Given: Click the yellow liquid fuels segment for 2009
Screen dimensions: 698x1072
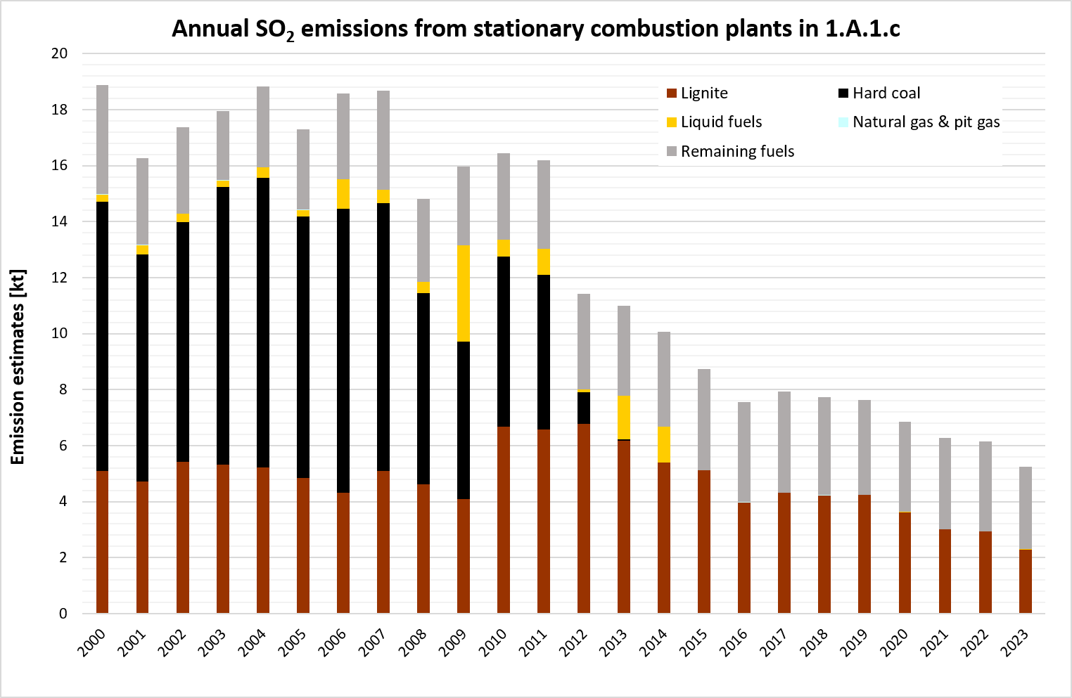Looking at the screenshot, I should click(x=464, y=294).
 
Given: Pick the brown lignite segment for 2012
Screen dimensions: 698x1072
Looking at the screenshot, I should click(x=584, y=518).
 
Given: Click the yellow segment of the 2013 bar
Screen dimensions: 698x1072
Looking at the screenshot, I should click(x=624, y=418).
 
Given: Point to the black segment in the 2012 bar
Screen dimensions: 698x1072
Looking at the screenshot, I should click(x=584, y=408).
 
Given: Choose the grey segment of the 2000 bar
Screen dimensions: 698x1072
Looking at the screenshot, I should click(x=103, y=139).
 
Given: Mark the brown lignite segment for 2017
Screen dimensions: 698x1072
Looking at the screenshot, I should click(x=784, y=552).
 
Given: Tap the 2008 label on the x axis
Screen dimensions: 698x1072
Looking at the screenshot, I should click(x=413, y=642).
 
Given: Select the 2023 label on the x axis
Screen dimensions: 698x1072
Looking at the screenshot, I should click(x=1014, y=642).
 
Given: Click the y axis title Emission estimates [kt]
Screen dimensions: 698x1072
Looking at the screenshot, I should click(x=18, y=367).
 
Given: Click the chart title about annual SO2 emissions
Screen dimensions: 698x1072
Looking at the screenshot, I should click(x=536, y=29).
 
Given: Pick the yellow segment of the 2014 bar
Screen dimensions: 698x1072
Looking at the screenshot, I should click(x=664, y=444).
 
